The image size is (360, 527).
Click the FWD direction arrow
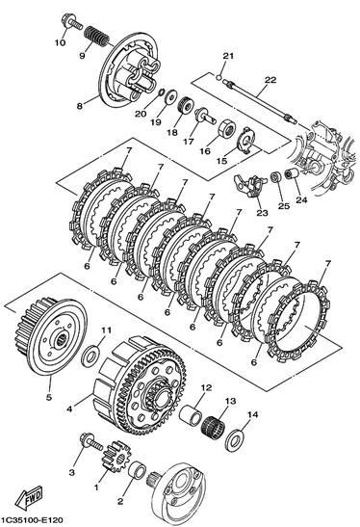(x=30, y=496)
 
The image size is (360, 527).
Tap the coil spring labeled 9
(x=95, y=37)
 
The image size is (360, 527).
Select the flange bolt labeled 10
(x=71, y=23)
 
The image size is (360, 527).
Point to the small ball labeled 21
(x=219, y=78)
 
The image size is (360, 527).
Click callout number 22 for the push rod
(x=270, y=80)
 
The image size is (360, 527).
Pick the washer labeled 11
(x=90, y=356)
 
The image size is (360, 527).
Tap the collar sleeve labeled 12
(x=191, y=415)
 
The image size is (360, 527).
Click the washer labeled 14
(x=236, y=439)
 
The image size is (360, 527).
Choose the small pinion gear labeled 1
(x=115, y=457)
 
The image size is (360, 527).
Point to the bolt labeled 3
(x=90, y=442)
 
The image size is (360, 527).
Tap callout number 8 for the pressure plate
(x=79, y=106)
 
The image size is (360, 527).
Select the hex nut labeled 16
(x=227, y=130)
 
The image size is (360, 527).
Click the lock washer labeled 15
(x=246, y=140)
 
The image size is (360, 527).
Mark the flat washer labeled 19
(x=171, y=96)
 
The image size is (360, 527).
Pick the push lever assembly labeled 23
(x=248, y=186)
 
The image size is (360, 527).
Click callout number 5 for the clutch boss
(x=49, y=397)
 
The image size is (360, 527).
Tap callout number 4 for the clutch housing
(x=69, y=409)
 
